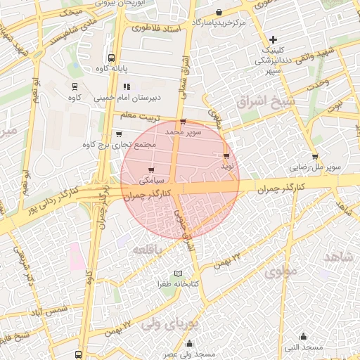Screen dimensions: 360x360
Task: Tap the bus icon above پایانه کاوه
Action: point(112,58)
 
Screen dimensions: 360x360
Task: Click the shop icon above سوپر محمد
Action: point(183,122)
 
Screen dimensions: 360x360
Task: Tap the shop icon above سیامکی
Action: point(153,169)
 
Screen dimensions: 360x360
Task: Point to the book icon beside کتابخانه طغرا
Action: point(178,273)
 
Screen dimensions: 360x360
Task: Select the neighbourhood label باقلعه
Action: point(146,250)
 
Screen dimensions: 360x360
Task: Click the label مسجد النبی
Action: point(304,347)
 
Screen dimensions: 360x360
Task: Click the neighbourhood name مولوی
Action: point(283,269)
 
